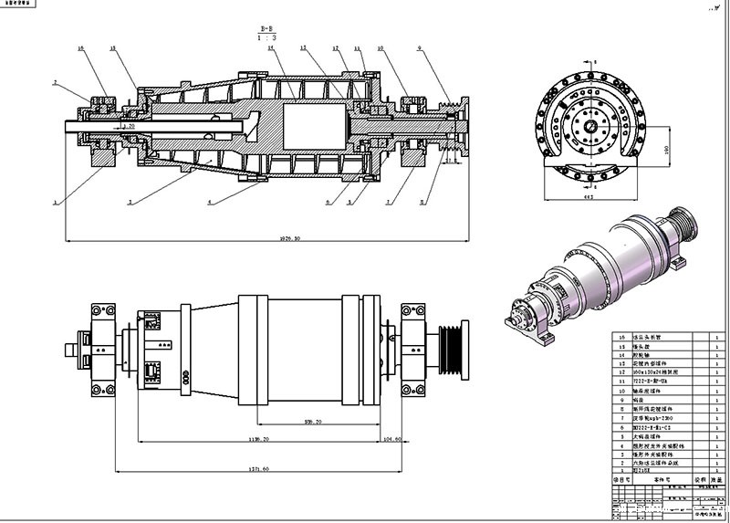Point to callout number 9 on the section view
(419, 47)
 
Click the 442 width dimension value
(590, 194)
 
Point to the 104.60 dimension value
(392, 439)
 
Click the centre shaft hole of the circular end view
(591, 126)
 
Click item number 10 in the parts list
(623, 387)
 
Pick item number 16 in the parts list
(623, 337)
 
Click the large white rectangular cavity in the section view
(316, 123)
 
